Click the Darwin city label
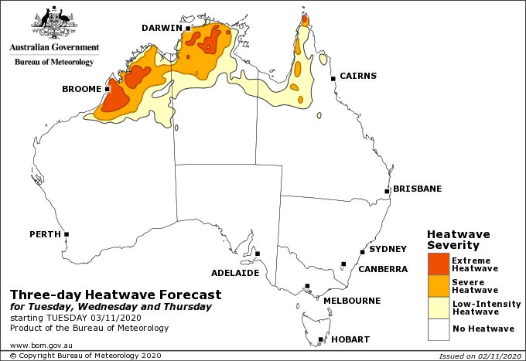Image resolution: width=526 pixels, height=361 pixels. pyautogui.click(x=162, y=29)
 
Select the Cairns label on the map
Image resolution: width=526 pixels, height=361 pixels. pyautogui.click(x=357, y=76)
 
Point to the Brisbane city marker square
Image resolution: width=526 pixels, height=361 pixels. pyautogui.click(x=388, y=191)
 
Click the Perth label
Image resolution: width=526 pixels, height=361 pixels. pyautogui.click(x=45, y=233)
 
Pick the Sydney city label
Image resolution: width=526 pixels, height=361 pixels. pyautogui.click(x=388, y=249)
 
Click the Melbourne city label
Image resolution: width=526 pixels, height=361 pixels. pyautogui.click(x=351, y=300)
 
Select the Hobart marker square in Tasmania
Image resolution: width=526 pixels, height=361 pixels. pyautogui.click(x=320, y=339)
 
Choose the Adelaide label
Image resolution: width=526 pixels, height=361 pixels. pyautogui.click(x=234, y=273)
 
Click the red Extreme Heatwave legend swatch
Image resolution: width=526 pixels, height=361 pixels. pyautogui.click(x=438, y=264)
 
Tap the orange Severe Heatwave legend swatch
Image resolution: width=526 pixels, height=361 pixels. pyautogui.click(x=438, y=286)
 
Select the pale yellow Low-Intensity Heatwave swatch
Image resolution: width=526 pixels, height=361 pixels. pyautogui.click(x=438, y=308)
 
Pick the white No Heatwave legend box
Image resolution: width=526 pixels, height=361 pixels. pyautogui.click(x=438, y=329)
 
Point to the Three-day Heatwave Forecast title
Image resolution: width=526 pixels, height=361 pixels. pyautogui.click(x=115, y=295)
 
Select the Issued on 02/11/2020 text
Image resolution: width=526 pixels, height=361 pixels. pyautogui.click(x=477, y=356)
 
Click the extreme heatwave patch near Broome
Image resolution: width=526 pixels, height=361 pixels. pyautogui.click(x=115, y=98)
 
